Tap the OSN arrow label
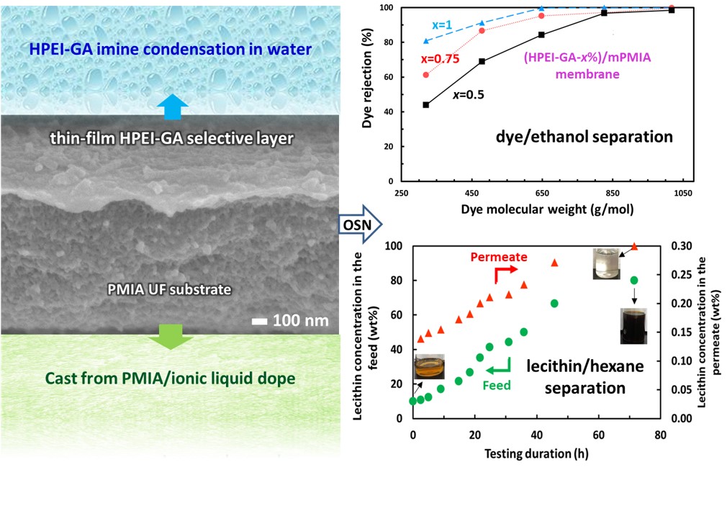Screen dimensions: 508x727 [x=356, y=224]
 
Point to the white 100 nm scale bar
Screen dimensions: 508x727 [x=260, y=320]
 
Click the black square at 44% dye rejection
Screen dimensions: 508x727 [x=426, y=105]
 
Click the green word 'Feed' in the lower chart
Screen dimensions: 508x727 [x=496, y=385]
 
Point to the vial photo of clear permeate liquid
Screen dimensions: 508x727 [x=604, y=263]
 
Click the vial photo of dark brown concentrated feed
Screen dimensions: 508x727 [x=633, y=325]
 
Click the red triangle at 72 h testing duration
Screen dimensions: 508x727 [x=634, y=246]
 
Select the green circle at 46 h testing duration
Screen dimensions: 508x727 [x=554, y=304]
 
